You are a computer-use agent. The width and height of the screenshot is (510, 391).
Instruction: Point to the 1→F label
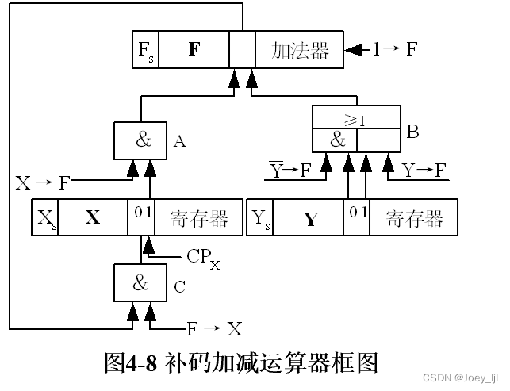(x=395, y=50)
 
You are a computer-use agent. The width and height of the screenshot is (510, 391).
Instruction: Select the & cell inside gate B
(x=336, y=139)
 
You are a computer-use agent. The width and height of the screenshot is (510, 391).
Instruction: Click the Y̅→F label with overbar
(x=289, y=169)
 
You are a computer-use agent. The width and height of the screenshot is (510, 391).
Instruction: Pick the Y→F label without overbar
(x=424, y=169)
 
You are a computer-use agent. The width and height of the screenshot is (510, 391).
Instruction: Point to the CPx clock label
(x=203, y=257)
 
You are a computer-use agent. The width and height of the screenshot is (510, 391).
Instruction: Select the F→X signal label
(x=214, y=328)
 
